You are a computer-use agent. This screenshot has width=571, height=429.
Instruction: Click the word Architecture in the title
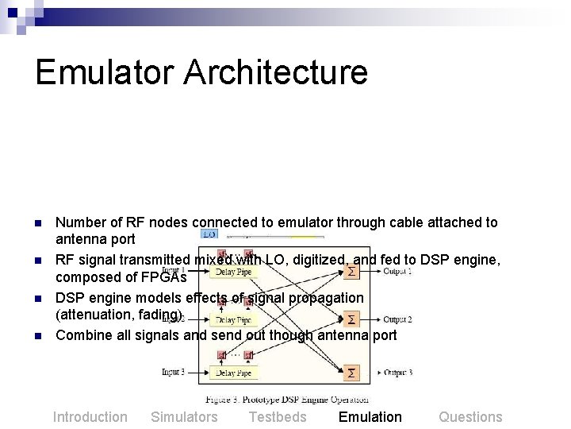[x=277, y=71]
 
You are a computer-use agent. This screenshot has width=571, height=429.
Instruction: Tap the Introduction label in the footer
[x=90, y=417]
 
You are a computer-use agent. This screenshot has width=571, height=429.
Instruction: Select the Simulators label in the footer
[x=184, y=417]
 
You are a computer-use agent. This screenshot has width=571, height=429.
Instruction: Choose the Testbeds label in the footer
[x=278, y=417]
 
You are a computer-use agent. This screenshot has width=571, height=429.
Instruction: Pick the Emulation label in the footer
[x=370, y=417]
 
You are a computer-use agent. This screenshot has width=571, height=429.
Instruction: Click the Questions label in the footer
[x=470, y=417]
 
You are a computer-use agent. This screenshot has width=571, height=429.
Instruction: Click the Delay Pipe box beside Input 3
[x=233, y=372]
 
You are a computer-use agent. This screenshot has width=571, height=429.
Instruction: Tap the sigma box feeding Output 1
[x=351, y=272]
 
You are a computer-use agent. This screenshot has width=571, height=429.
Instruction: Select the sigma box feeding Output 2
[x=351, y=319]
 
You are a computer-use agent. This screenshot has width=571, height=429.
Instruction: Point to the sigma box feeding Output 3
[x=351, y=372]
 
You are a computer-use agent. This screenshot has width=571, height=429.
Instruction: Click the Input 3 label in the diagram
[x=173, y=372]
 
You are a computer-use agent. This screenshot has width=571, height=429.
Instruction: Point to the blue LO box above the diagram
[x=209, y=234]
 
